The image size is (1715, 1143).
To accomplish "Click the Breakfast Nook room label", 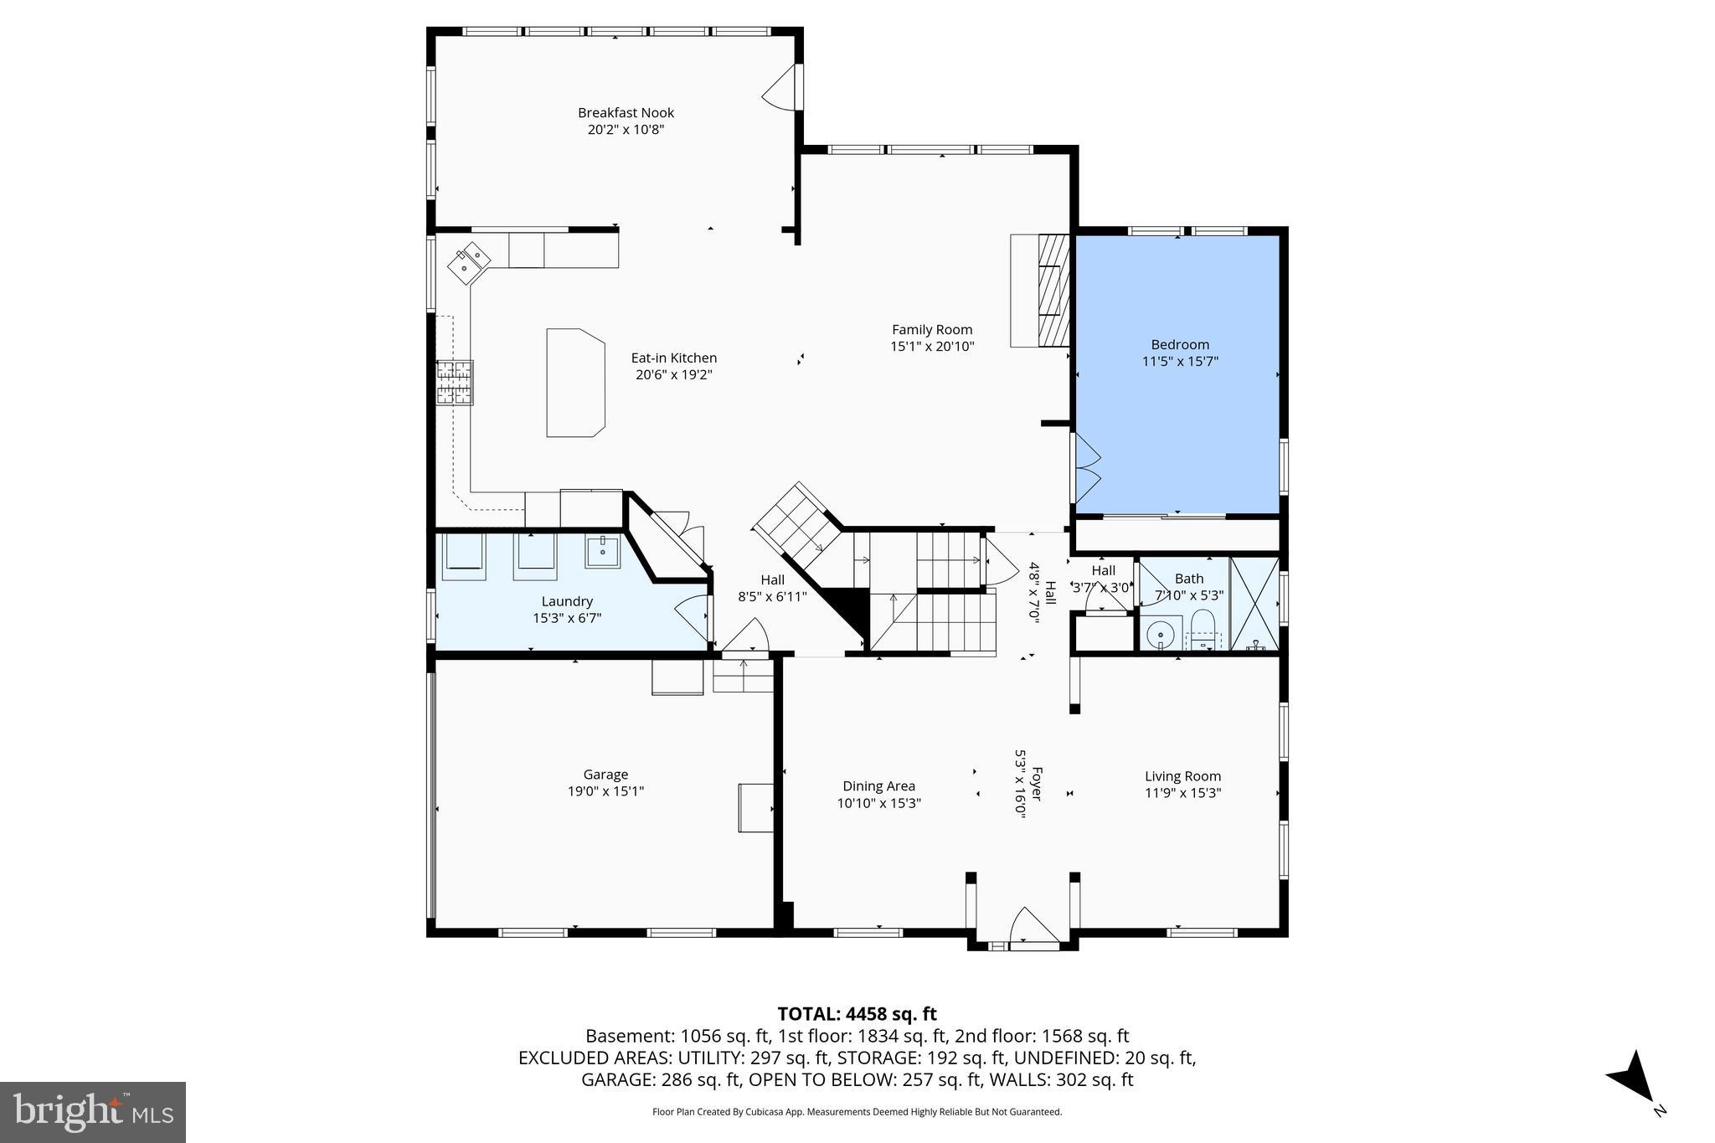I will point(626,113).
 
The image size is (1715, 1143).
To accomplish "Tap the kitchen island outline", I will point(575,383).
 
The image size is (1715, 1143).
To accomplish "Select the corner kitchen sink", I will point(469,263).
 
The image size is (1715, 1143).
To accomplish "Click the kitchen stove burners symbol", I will point(455,383).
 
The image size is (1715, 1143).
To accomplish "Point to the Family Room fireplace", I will point(1053,290).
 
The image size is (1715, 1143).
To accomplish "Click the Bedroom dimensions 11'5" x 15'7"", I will point(1179,362).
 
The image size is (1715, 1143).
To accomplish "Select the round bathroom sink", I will point(1161,635).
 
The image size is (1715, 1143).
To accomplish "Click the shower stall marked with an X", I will point(1254,603).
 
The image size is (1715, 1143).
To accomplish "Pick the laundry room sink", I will point(602,553).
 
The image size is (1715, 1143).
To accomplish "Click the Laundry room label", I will point(567,601).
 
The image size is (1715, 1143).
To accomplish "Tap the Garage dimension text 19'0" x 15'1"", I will point(605,791).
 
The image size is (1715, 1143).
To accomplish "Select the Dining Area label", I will point(878,786).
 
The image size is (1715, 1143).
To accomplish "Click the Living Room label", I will point(1182,776).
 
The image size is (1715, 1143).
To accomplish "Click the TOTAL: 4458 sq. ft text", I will point(857,1014).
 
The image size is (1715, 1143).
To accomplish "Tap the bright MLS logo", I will point(92,1111).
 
